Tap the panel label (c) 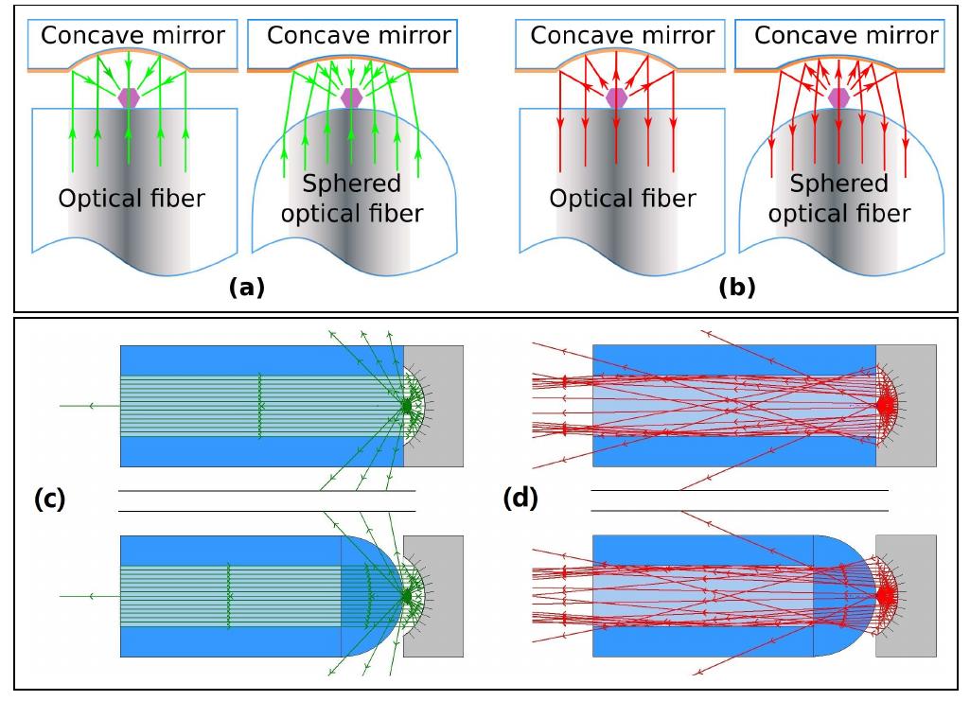49,499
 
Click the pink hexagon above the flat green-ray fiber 129,97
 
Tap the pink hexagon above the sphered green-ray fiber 351,97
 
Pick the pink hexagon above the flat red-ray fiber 616,97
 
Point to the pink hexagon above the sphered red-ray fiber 838,97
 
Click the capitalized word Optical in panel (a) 97,200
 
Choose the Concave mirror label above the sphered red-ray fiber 846,36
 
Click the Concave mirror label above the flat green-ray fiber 132,36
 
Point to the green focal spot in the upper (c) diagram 407,405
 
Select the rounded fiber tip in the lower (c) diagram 374,596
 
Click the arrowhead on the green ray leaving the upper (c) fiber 91,406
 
